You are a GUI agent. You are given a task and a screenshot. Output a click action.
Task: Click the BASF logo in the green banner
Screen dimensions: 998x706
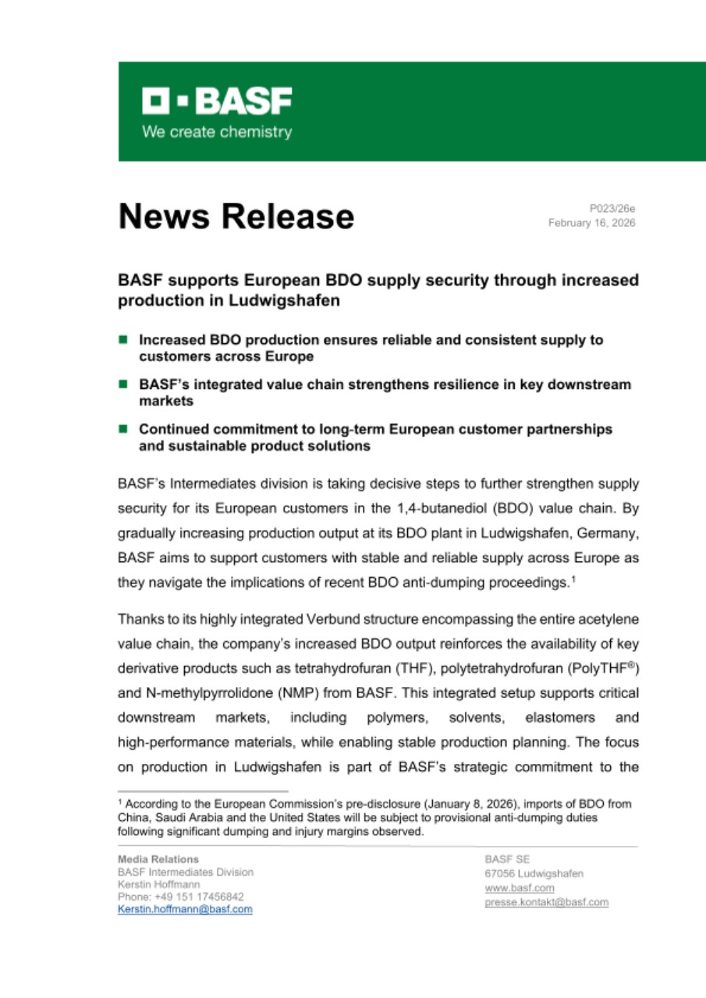point(217,101)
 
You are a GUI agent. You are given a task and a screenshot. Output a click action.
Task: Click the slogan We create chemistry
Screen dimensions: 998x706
point(217,132)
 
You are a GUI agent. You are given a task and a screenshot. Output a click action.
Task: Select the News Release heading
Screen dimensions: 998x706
point(236,216)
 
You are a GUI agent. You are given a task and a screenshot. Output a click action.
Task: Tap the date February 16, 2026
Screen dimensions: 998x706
point(591,223)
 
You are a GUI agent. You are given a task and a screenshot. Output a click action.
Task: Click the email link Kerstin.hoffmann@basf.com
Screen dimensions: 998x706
point(185,909)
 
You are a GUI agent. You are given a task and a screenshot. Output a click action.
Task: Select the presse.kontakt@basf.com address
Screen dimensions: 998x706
point(546,902)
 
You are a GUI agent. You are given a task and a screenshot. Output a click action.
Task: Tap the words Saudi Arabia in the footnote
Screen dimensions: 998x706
point(186,817)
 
